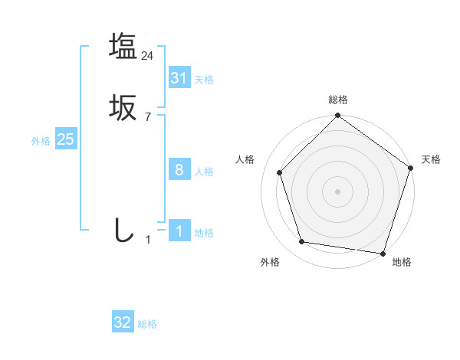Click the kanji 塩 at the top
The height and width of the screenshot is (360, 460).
(122, 46)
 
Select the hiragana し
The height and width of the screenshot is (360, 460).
(122, 231)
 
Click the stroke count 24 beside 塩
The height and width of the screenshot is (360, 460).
(148, 55)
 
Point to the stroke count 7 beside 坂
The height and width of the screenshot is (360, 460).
(148, 117)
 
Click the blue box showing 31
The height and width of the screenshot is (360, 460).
(179, 78)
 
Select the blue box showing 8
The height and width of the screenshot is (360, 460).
(179, 170)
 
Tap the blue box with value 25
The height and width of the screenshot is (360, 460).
(65, 139)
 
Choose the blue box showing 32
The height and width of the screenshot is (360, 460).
(123, 322)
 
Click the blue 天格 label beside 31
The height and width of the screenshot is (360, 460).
(204, 80)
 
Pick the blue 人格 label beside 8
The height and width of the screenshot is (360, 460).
(204, 172)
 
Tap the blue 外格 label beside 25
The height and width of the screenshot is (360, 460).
(41, 141)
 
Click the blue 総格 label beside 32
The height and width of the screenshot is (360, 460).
(147, 324)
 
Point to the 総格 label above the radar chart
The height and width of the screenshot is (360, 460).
(337, 100)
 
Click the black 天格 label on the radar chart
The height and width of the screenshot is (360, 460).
(431, 159)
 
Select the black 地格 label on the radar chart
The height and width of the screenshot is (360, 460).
(402, 262)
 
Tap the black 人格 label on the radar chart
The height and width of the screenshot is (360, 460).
(245, 159)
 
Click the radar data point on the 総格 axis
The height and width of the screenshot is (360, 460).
(337, 116)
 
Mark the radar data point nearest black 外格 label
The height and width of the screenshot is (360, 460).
(302, 242)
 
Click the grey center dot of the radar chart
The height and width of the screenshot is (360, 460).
(337, 191)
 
